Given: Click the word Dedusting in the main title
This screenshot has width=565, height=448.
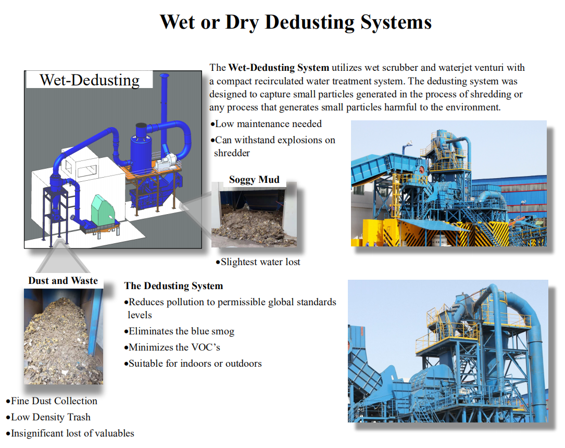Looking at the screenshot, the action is [309, 23].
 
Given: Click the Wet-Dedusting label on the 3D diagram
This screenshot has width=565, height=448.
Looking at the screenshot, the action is [90, 80].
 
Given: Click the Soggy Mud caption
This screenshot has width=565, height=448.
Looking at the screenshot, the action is [254, 180].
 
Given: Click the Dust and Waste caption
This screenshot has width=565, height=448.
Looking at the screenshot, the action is [63, 281].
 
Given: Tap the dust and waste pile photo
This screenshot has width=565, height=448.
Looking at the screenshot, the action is [64, 337].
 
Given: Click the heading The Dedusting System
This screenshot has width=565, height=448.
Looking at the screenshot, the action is [174, 286].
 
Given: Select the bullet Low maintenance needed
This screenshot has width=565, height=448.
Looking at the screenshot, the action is [266, 124].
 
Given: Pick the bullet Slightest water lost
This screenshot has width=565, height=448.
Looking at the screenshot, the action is [258, 262].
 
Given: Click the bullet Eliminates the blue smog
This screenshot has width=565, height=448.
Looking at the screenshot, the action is [179, 331].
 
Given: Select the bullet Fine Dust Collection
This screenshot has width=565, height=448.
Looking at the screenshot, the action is [52, 401].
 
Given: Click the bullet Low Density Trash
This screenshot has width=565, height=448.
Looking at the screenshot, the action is [48, 417].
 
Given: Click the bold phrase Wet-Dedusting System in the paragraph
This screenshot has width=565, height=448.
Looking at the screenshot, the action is [279, 68].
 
